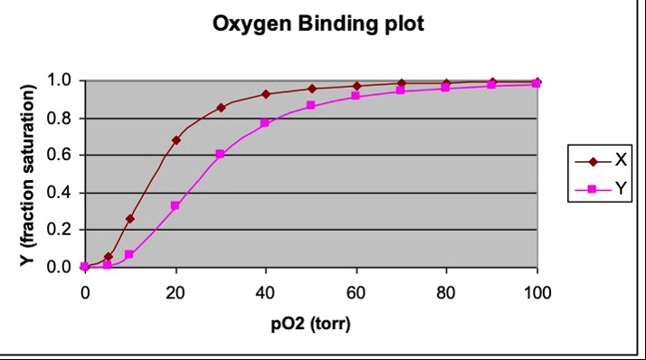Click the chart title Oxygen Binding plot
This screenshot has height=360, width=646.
coord(318,24)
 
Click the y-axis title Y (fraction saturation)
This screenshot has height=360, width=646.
coord(29,174)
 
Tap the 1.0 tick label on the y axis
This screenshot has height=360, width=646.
coord(60,81)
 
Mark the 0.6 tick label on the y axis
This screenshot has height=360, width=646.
coord(60,156)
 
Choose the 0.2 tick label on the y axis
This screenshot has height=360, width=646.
coord(60,230)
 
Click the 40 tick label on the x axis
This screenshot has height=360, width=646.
coord(265,292)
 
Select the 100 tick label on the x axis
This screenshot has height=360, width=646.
coord(537,292)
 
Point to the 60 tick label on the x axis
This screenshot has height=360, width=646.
coord(356,292)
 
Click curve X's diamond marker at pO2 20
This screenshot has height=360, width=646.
coord(176,140)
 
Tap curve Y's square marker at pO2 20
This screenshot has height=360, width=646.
coord(176,205)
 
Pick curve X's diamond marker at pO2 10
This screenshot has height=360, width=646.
coord(130,218)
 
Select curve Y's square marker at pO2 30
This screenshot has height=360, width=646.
coord(221,154)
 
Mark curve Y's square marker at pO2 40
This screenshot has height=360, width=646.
coord(265,122)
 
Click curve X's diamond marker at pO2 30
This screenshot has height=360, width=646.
coord(221,108)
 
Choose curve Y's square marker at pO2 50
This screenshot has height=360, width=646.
coord(310,105)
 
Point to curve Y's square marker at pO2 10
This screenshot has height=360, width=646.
coord(129,254)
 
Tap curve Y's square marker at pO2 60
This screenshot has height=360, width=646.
coord(356,95)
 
